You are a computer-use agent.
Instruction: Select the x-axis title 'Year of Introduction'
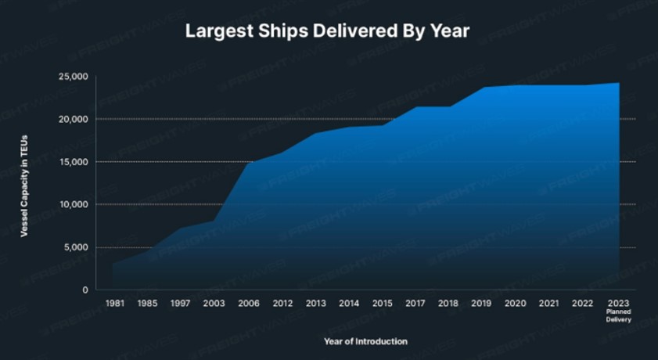pyautogui.click(x=365, y=341)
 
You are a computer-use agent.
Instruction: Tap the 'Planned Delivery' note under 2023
pyautogui.click(x=618, y=317)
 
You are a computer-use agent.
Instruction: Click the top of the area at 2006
pyautogui.click(x=248, y=163)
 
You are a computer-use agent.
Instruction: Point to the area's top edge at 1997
pyautogui.click(x=180, y=229)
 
